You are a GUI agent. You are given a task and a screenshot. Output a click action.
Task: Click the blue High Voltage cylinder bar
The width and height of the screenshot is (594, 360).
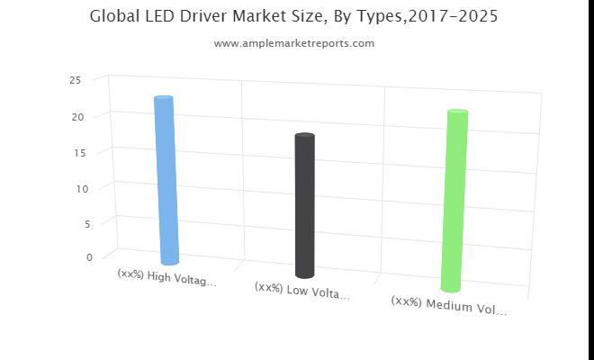pyautogui.click(x=166, y=180)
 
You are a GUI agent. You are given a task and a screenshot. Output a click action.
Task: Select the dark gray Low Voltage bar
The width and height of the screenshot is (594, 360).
pyautogui.click(x=305, y=205)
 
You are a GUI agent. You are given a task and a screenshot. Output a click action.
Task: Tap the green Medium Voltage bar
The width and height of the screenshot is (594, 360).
pyautogui.click(x=454, y=201)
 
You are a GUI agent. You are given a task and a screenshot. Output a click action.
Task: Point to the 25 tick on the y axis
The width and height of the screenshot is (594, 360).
pyautogui.click(x=76, y=80)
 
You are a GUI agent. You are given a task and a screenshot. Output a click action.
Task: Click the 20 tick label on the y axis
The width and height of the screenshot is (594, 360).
pyautogui.click(x=77, y=117)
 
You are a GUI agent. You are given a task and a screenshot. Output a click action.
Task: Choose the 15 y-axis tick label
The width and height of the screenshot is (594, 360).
pyautogui.click(x=79, y=153)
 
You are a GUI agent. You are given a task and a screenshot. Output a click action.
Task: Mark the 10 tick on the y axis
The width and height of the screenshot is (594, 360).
pyautogui.click(x=82, y=188)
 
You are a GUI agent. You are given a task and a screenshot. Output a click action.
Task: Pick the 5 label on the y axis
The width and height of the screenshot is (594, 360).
pyautogui.click(x=87, y=224)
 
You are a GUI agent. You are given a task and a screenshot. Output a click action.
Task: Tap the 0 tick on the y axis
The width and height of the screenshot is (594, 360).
pyautogui.click(x=89, y=257)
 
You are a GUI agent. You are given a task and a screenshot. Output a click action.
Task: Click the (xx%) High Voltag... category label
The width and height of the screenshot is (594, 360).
pyautogui.click(x=167, y=278)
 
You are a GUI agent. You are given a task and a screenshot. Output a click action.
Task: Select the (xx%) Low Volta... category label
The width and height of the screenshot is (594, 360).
pyautogui.click(x=302, y=291)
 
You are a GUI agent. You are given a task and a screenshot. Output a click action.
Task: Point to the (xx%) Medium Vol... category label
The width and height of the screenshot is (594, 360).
pyautogui.click(x=449, y=306)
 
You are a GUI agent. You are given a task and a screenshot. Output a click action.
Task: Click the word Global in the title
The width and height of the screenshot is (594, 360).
pyautogui.click(x=114, y=16)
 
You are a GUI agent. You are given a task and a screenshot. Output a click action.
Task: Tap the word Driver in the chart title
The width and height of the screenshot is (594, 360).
pyautogui.click(x=203, y=16)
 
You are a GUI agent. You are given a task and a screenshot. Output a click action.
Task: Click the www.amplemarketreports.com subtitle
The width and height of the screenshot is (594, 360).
pyautogui.click(x=294, y=43)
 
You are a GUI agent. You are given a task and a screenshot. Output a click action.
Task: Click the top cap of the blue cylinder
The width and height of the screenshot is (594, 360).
pyautogui.click(x=164, y=98)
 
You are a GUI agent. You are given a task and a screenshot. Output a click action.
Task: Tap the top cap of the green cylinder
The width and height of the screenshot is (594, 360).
pyautogui.click(x=458, y=112)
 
